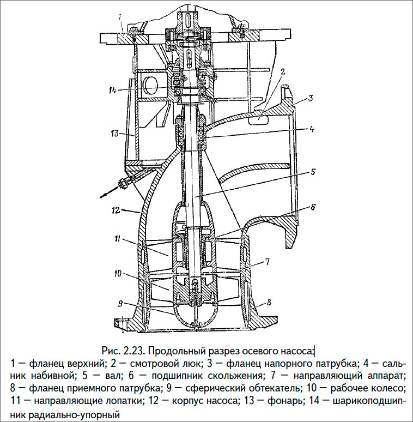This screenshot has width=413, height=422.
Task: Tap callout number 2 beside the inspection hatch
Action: [x=283, y=71]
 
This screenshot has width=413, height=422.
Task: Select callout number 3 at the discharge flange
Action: [x=309, y=99]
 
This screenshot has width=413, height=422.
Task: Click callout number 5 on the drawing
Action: [x=313, y=172]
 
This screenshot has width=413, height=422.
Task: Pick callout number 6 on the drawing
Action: [x=313, y=207]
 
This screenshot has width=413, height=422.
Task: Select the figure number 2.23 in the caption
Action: [x=133, y=349]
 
